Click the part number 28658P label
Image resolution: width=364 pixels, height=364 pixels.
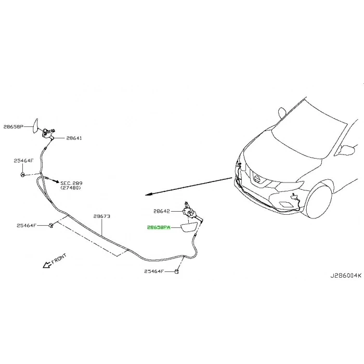tap(14, 126)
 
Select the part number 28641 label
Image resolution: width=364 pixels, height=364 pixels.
tap(74, 138)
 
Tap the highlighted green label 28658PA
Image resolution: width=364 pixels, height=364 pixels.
tap(159, 228)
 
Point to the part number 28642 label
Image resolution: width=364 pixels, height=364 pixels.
tap(162, 211)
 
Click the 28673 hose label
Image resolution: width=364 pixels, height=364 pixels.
tap(102, 216)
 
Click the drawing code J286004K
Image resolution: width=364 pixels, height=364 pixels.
tap(346, 276)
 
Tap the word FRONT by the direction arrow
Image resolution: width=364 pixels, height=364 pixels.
tap(59, 258)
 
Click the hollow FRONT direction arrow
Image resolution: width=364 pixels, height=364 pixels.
tap(47, 265)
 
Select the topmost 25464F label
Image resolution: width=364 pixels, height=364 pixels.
tap(23, 161)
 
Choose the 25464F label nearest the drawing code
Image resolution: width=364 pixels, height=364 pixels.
tap(154, 271)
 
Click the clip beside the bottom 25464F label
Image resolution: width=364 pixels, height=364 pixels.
tap(176, 271)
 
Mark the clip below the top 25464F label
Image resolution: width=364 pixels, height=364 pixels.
tap(22, 175)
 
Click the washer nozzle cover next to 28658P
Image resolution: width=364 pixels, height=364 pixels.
tap(35, 126)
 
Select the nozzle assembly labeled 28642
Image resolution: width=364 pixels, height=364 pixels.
tap(191, 212)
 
